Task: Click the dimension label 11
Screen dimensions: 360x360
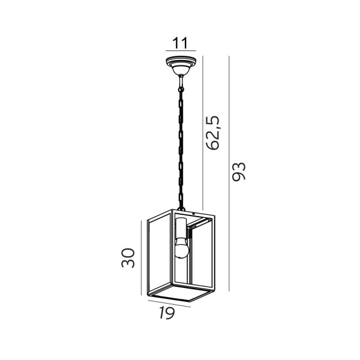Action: pos(180,43)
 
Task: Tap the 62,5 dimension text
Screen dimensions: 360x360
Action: pos(213,133)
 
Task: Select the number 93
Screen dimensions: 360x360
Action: pos(239,172)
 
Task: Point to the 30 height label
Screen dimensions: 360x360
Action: pos(128,258)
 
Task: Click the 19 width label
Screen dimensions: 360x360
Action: pos(167,313)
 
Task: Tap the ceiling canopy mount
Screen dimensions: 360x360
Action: pos(181,65)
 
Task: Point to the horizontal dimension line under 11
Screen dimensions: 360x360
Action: pos(181,50)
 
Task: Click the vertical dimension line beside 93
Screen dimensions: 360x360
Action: pos(229,173)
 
